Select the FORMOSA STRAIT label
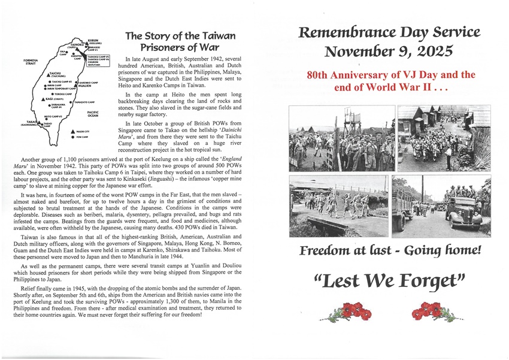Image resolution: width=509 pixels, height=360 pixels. (x=30, y=62)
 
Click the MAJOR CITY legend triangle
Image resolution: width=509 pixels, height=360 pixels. (x=72, y=131)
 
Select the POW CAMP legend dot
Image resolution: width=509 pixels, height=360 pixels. (x=72, y=137)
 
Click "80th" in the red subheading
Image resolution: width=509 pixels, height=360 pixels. (x=320, y=76)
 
